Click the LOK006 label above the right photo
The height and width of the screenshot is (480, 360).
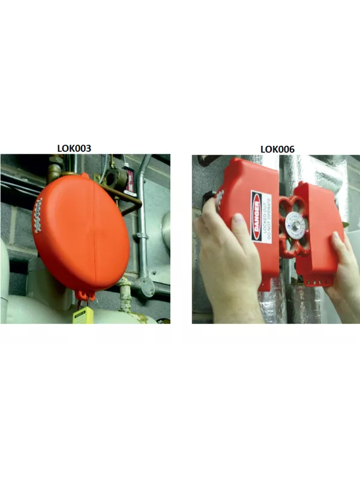277,148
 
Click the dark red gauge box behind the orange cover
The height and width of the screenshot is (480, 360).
128,177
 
